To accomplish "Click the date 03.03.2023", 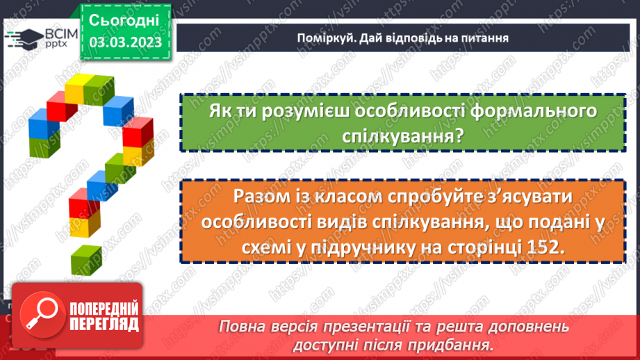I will pos(125,42).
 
